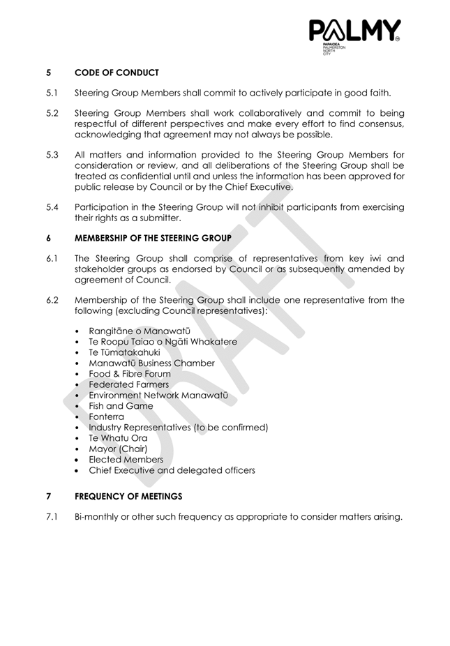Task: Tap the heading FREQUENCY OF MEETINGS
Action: point(128,496)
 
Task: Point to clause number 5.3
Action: point(52,155)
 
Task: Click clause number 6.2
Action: point(52,300)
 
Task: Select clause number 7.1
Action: point(52,517)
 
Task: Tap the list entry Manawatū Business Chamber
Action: point(151,363)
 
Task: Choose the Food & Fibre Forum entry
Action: point(129,374)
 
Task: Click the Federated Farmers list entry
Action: point(128,384)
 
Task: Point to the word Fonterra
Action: point(106,416)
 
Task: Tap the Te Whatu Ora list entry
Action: point(118,438)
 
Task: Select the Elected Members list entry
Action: point(126,460)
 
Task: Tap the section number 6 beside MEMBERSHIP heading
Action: point(49,237)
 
